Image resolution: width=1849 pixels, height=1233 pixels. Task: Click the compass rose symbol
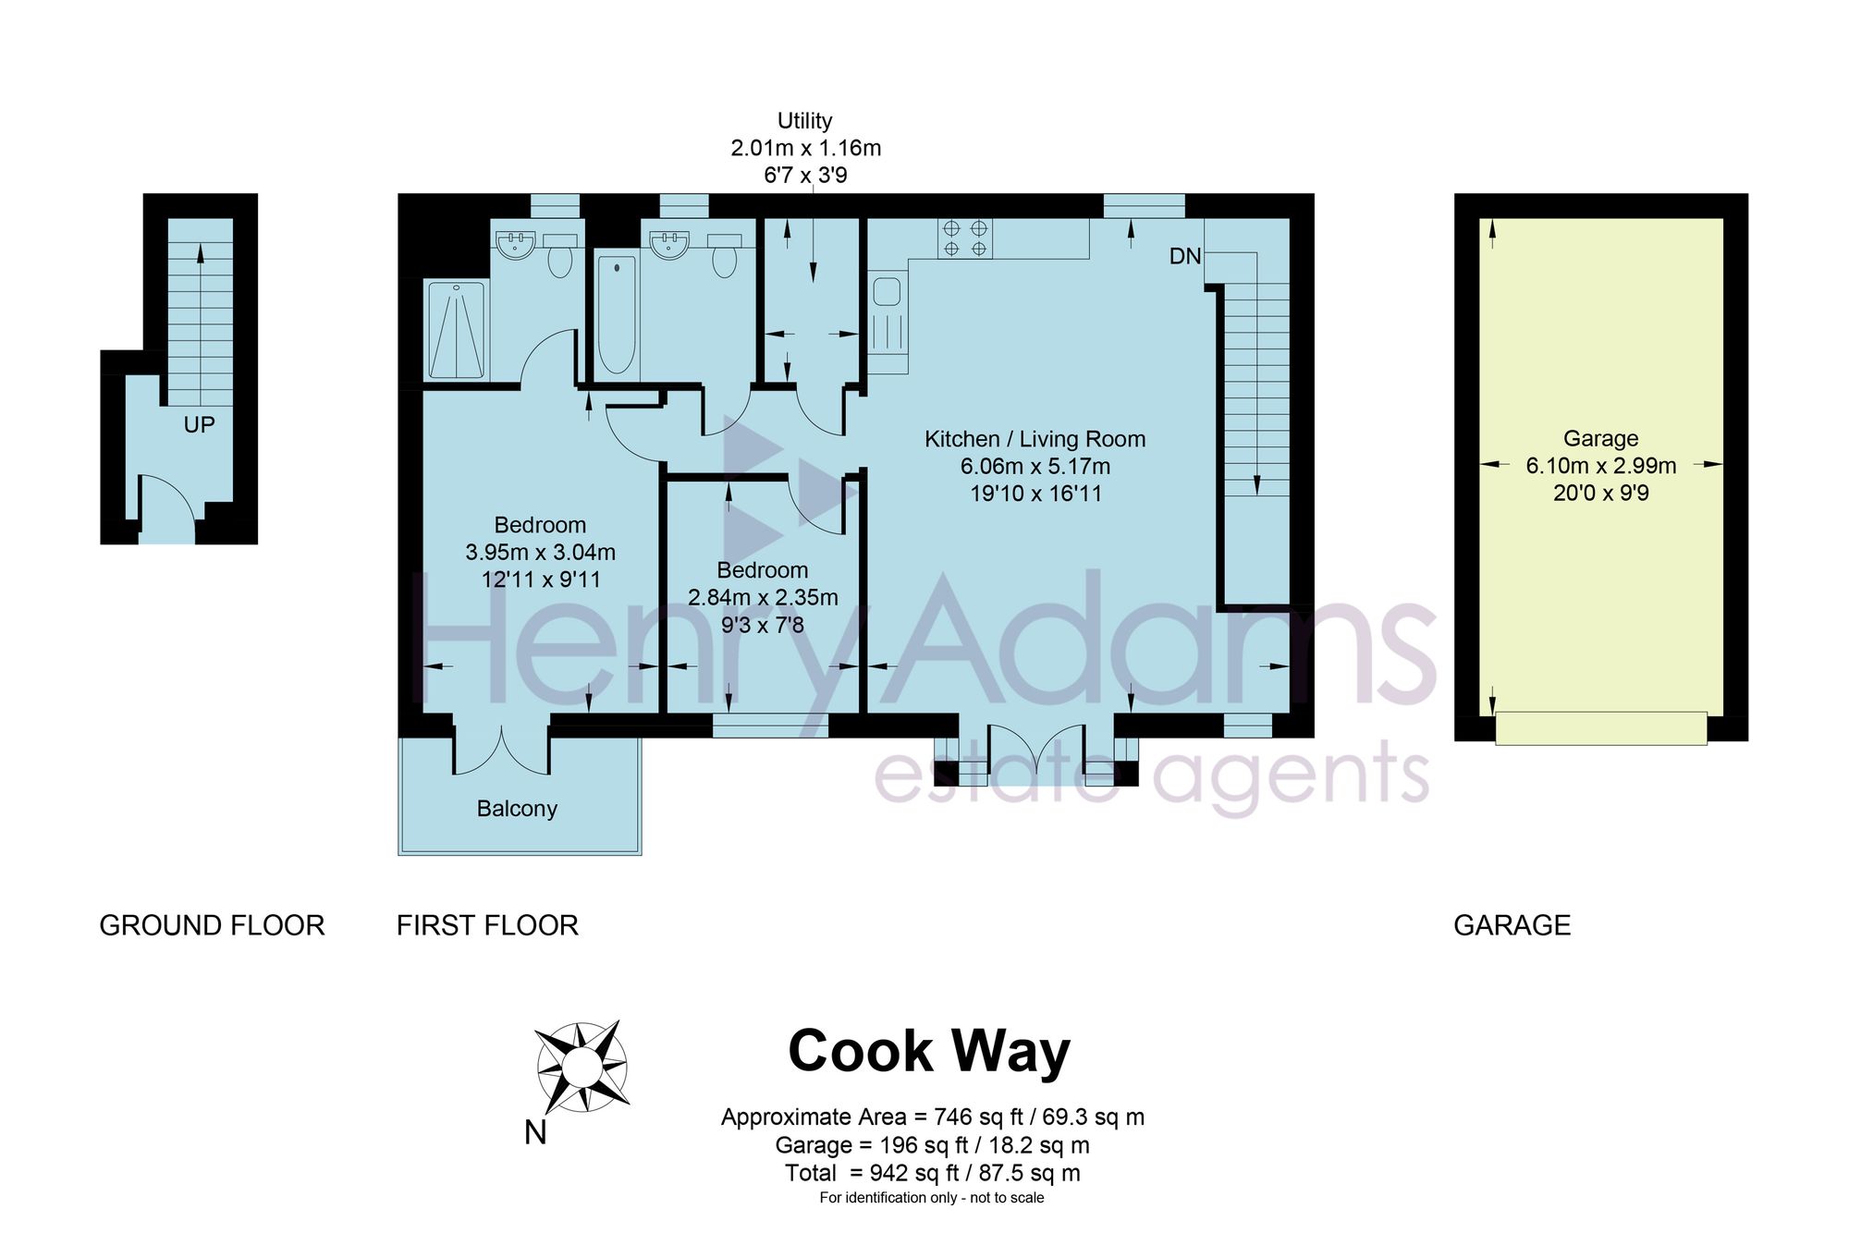tap(582, 1067)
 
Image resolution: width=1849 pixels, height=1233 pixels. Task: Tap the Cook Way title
tap(929, 1052)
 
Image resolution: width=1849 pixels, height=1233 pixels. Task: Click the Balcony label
tap(517, 809)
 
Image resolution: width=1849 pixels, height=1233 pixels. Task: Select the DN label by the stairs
tap(1185, 256)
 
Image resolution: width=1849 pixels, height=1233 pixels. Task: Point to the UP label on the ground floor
tap(199, 424)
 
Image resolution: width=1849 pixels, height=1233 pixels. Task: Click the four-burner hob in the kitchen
tap(964, 238)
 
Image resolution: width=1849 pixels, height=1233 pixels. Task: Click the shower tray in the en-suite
tap(457, 331)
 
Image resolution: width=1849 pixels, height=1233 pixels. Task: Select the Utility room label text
tap(804, 121)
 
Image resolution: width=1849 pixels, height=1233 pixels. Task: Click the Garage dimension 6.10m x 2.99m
tap(1601, 466)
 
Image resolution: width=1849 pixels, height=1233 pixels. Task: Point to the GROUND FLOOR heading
tap(212, 925)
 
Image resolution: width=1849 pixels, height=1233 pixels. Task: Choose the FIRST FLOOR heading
tap(487, 925)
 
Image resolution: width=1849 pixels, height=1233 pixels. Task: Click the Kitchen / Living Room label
tap(1035, 439)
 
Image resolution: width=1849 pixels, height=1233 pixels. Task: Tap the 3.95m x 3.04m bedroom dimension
tap(540, 553)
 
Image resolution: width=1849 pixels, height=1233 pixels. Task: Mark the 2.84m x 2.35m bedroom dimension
tap(763, 598)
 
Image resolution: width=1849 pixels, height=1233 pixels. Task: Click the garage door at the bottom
tap(1601, 728)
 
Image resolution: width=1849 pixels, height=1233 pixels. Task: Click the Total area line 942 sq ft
tap(933, 1173)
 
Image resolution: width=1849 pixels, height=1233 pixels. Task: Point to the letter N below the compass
tap(535, 1132)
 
